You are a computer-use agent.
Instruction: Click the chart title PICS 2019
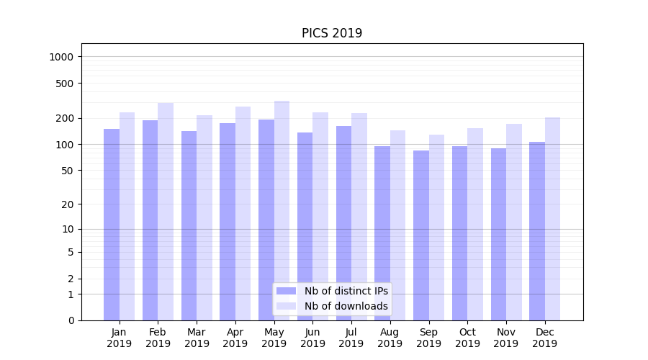[331, 33]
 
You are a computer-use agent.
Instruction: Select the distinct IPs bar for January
[112, 224]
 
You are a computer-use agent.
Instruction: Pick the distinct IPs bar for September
[421, 235]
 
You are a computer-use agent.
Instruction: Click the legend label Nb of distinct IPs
[346, 291]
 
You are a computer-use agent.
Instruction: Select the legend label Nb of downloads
[346, 306]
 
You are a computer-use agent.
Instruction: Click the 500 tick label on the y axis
[66, 84]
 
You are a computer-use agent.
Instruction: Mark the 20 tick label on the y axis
[68, 204]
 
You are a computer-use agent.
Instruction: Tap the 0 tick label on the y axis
[71, 320]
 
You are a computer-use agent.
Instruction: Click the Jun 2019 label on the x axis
[312, 338]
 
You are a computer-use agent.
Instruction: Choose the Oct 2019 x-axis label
[467, 338]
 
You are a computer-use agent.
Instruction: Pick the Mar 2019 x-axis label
[197, 338]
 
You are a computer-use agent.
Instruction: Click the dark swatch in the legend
[287, 291]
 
